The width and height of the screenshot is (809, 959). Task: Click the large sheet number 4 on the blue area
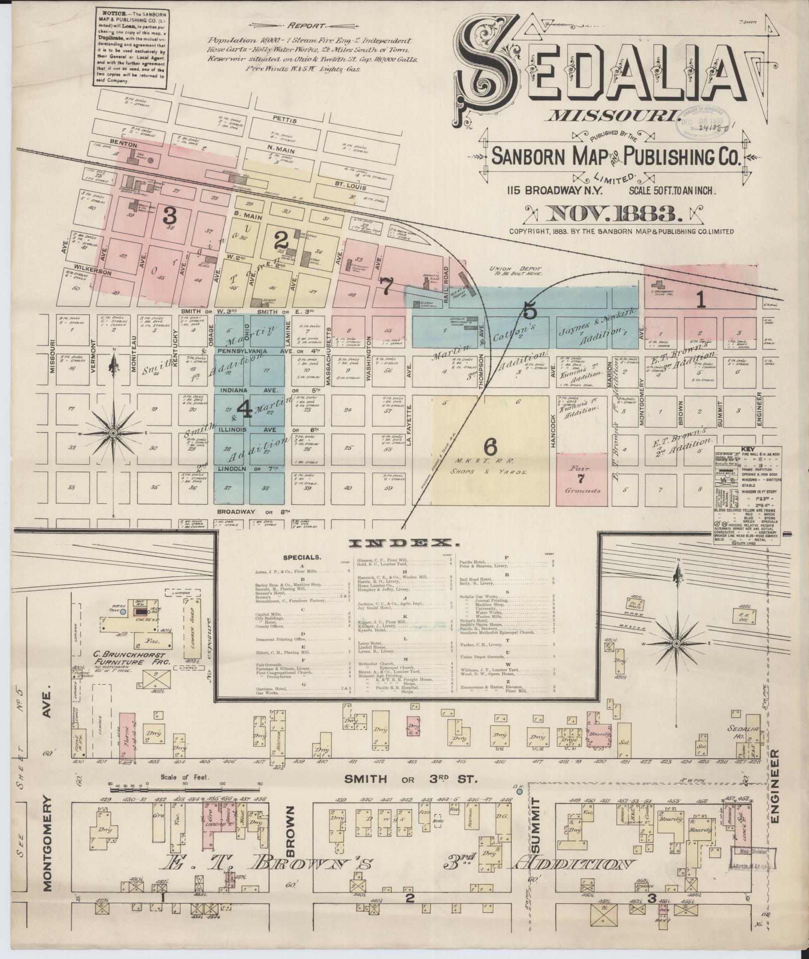coord(245,410)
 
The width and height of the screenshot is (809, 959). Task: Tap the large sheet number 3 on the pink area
coord(170,216)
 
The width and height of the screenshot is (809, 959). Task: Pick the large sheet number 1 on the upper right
coord(701,300)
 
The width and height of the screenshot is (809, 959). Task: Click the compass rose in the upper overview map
coord(113,433)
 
